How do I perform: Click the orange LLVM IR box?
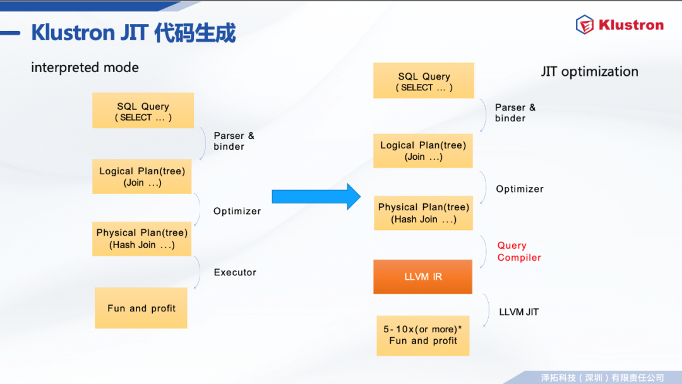point(422,277)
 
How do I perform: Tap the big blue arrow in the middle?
point(316,196)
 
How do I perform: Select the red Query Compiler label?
point(519,251)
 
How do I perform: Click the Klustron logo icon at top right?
point(585,25)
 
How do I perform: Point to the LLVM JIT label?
point(519,312)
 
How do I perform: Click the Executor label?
point(235,272)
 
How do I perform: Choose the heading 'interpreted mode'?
point(85,68)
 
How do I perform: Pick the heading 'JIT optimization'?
point(590,71)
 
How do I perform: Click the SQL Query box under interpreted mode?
point(143,111)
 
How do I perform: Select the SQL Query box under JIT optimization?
point(424,80)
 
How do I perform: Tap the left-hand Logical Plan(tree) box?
point(142,177)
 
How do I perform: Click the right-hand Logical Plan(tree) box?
point(422,151)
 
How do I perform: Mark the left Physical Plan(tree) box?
point(142,239)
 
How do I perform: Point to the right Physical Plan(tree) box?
point(423,213)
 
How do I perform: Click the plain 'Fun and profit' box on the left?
point(141,308)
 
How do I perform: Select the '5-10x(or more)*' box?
point(422,336)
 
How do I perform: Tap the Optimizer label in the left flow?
point(237,211)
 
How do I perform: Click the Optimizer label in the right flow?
point(520,189)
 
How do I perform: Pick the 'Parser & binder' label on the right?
point(515,112)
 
